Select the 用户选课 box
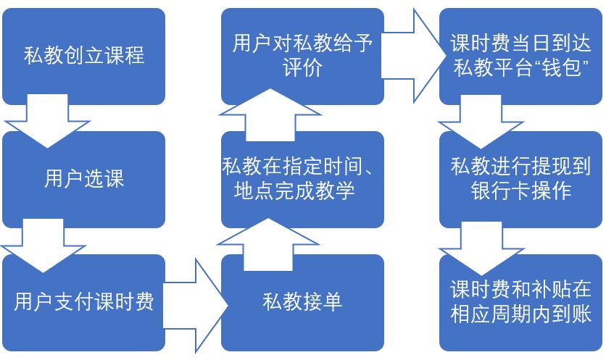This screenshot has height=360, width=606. coord(83,179)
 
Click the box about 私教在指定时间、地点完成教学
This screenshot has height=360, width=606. coord(302,179)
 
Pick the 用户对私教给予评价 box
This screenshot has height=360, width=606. coord(302,56)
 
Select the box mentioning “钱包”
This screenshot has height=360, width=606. coord(520,56)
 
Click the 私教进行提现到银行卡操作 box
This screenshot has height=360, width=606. coord(520,179)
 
